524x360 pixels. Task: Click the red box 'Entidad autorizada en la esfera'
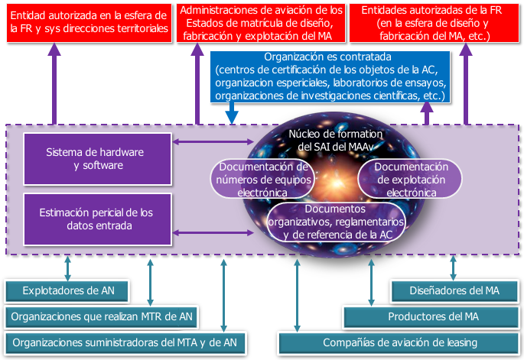tap(90, 23)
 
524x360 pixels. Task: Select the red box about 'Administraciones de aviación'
tap(261, 23)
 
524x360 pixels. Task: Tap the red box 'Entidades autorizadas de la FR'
tap(434, 23)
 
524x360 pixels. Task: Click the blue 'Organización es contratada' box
tap(330, 76)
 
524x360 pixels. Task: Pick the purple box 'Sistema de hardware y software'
tap(98, 159)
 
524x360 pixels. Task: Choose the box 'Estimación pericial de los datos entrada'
tap(98, 219)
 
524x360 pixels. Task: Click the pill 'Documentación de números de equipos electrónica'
tap(262, 179)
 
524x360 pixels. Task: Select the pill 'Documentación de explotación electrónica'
tap(410, 179)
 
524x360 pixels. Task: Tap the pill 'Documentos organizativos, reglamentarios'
tap(336, 222)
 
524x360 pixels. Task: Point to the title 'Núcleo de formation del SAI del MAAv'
tap(336, 141)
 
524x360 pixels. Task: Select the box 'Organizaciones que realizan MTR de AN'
tap(102, 316)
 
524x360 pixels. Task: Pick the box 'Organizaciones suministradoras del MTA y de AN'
tap(125, 342)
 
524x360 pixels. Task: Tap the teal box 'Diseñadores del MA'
tap(454, 291)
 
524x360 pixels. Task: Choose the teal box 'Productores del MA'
tap(431, 316)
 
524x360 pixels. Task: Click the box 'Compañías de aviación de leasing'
tap(399, 342)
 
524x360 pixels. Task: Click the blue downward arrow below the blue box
tap(232, 113)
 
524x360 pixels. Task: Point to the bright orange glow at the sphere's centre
tap(337, 182)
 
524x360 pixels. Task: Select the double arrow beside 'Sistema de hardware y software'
tap(213, 142)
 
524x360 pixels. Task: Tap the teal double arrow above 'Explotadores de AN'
tap(67, 268)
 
